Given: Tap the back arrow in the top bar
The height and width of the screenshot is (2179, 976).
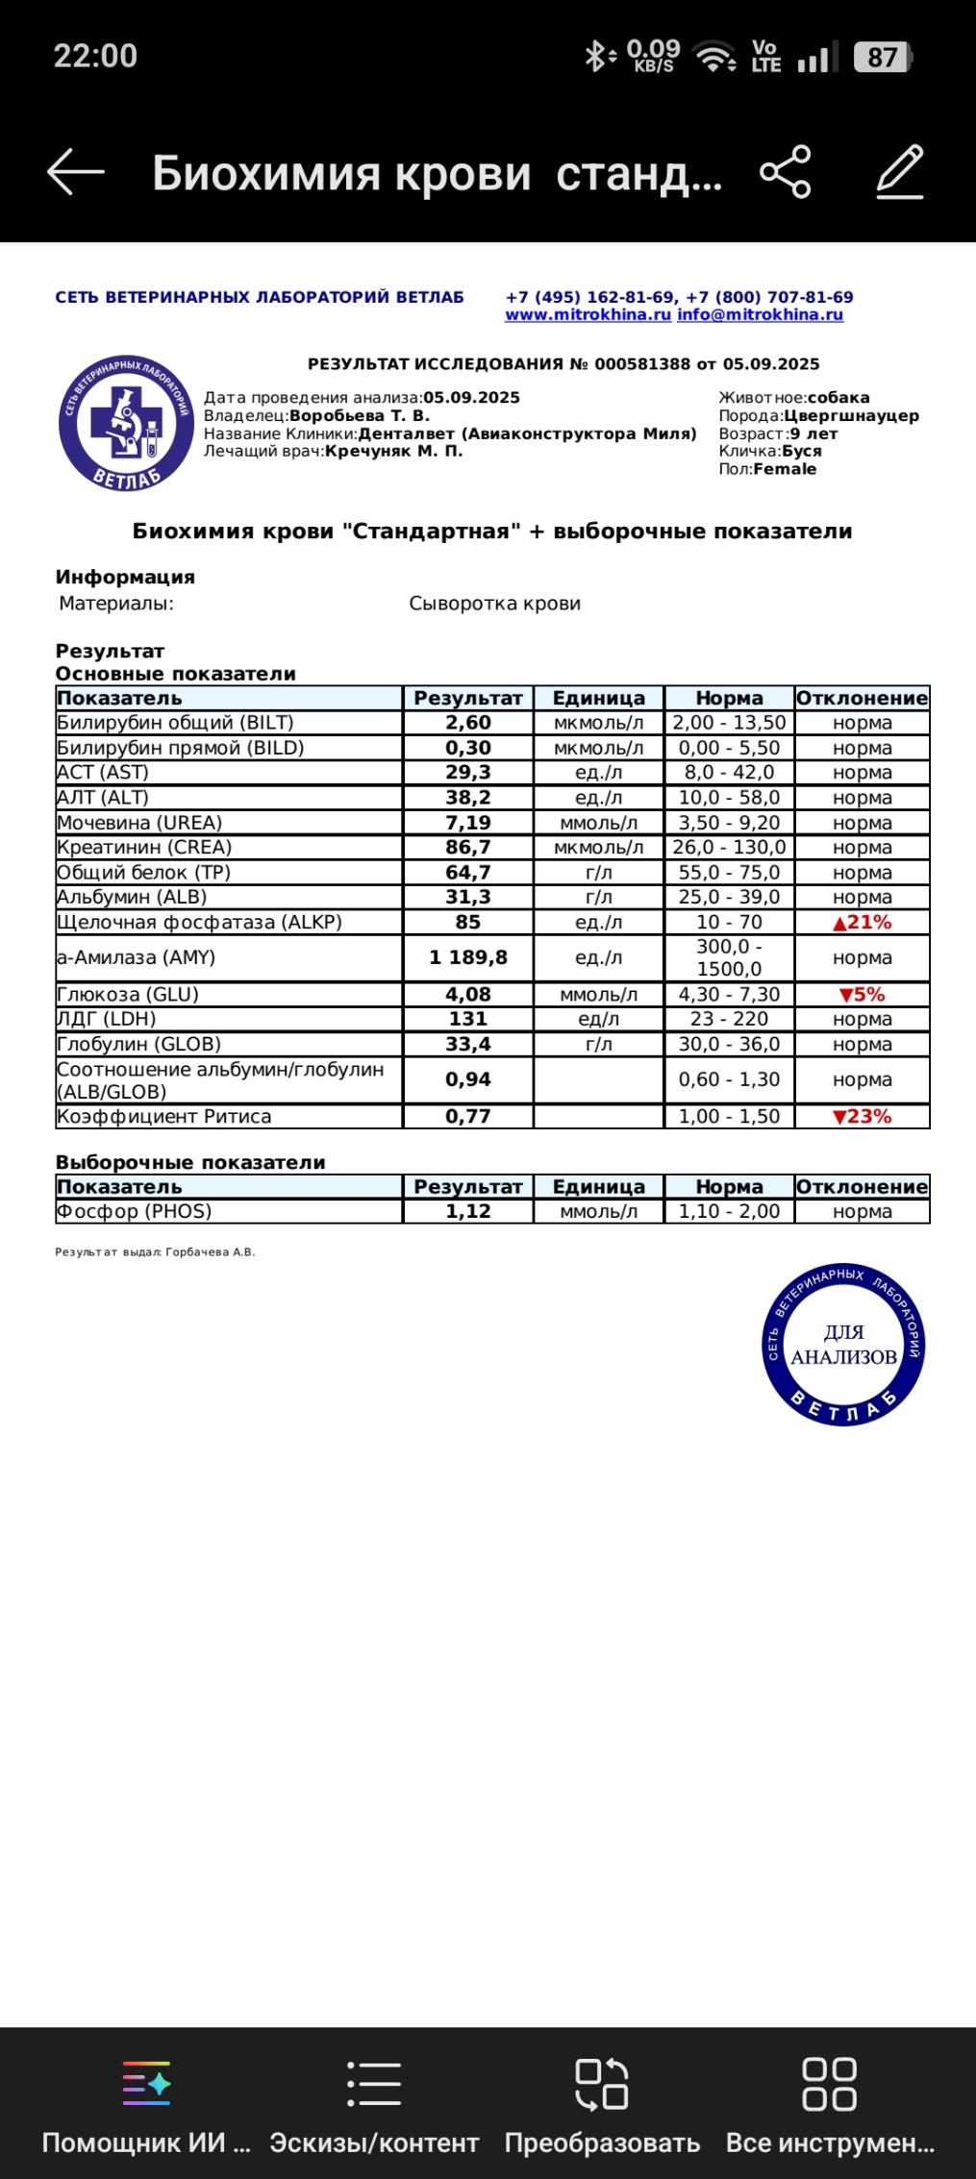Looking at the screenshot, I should (x=76, y=172).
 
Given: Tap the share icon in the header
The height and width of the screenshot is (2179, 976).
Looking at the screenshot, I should (x=786, y=172).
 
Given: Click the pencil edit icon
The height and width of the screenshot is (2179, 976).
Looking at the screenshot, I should (x=901, y=172).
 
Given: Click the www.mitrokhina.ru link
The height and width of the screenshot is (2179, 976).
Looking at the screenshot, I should (x=588, y=315).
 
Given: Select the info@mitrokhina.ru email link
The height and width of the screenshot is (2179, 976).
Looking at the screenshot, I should (x=760, y=315).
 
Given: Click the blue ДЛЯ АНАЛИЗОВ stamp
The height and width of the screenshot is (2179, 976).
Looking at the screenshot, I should (x=843, y=1344).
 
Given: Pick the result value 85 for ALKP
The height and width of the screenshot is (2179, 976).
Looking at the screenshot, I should (x=467, y=923).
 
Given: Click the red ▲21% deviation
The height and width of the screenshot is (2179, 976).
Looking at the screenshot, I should (x=862, y=923).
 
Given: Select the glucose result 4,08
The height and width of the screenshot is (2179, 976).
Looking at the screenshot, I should (x=467, y=995).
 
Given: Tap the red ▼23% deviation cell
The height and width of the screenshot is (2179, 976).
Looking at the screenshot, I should (x=862, y=1117).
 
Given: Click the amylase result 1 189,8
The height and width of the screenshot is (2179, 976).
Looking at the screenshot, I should (x=467, y=958).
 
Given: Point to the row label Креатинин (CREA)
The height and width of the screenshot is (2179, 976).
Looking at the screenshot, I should (x=144, y=848).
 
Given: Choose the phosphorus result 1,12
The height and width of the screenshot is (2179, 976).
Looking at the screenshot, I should (x=467, y=1212).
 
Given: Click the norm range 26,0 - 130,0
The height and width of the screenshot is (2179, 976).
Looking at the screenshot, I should (x=729, y=848).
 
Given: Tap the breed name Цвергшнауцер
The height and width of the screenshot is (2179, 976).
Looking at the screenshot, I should (x=851, y=416).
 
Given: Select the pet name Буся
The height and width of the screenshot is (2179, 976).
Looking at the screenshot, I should (x=801, y=452).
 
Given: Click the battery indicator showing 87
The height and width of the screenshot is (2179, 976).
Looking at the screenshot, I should (x=882, y=58).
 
